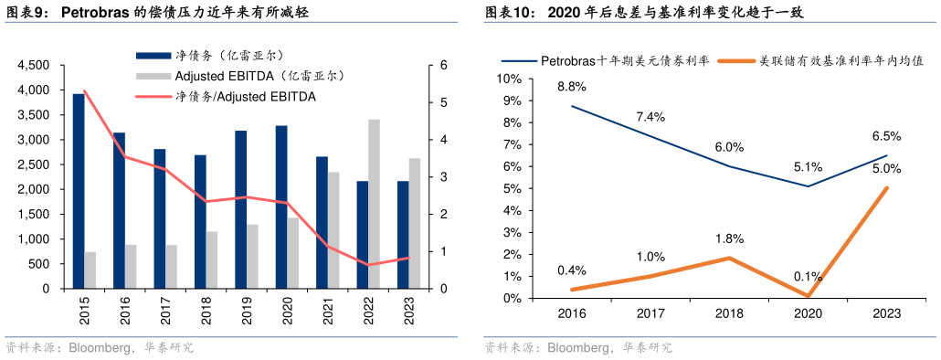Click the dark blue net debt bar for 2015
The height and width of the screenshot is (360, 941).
pyautogui.click(x=79, y=191)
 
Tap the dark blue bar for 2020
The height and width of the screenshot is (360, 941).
pyautogui.click(x=281, y=206)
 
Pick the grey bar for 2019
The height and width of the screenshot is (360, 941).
pyautogui.click(x=252, y=256)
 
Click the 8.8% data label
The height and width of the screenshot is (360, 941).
pyautogui.click(x=572, y=87)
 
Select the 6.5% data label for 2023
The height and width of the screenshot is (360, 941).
pyautogui.click(x=886, y=135)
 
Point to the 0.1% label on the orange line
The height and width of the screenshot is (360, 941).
pyautogui.click(x=808, y=277)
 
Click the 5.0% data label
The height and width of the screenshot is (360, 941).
pyautogui.click(x=886, y=168)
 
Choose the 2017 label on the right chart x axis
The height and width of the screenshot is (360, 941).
pyautogui.click(x=651, y=313)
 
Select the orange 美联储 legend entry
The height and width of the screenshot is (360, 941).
pyautogui.click(x=841, y=60)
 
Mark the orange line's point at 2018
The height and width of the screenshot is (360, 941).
pyautogui.click(x=729, y=258)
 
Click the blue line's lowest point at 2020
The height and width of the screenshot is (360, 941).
pyautogui.click(x=808, y=186)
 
